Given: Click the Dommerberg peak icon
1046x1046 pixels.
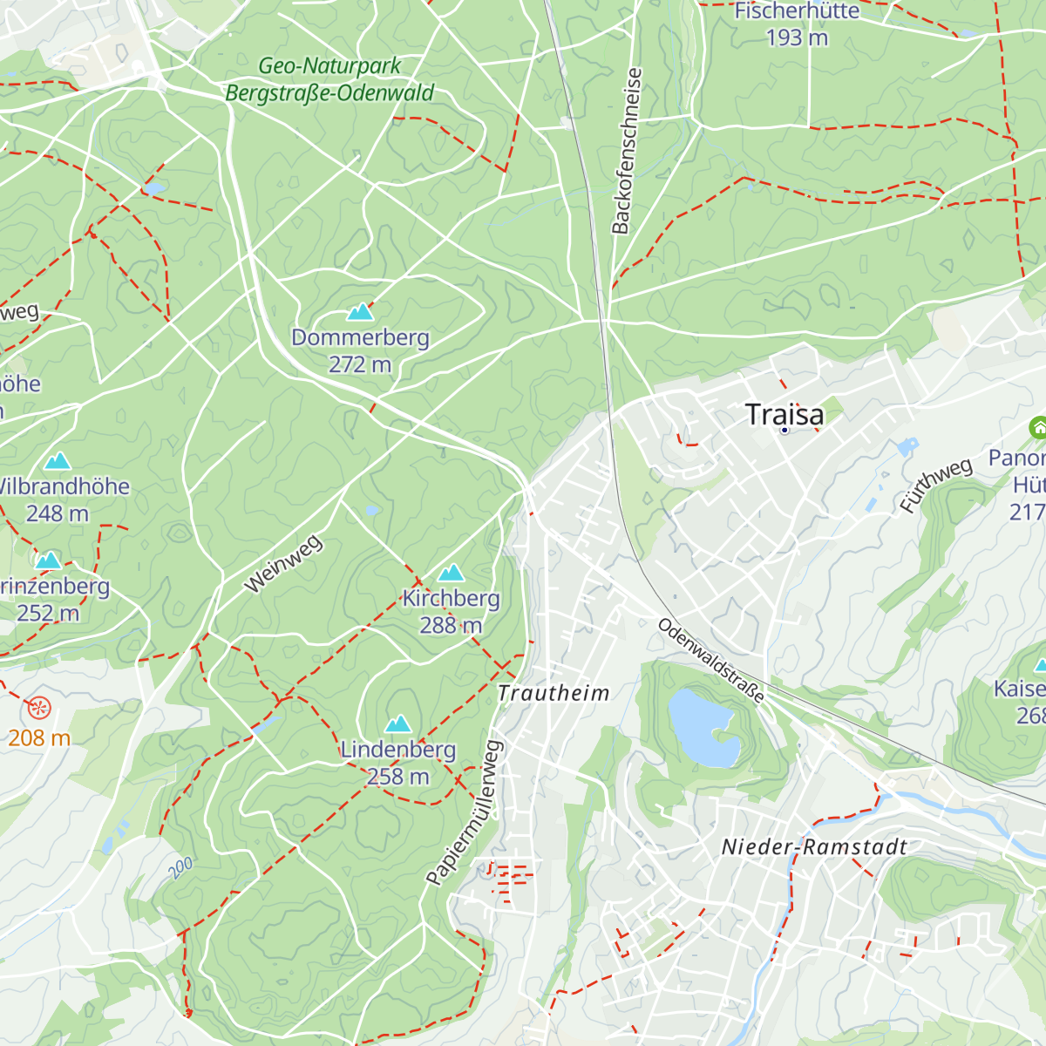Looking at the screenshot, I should (360, 311).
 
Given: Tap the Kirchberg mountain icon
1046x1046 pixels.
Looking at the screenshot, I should (451, 573).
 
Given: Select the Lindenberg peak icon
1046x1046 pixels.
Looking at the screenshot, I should (398, 723).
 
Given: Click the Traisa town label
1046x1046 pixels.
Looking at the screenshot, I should (784, 415).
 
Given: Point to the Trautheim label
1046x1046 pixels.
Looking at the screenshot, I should (554, 693).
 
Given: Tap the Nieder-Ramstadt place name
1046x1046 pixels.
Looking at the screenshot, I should (814, 847).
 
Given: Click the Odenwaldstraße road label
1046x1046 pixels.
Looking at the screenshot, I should (711, 661).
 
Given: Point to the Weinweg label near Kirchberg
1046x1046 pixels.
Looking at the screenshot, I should (283, 565).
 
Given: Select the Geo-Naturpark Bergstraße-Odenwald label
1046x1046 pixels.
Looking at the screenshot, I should (329, 79).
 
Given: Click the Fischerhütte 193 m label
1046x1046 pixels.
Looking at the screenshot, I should (797, 24).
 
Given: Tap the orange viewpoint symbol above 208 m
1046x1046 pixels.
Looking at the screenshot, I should (39, 708).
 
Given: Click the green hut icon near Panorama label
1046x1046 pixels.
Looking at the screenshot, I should (1038, 428).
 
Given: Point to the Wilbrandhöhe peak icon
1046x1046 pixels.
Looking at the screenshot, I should (58, 460).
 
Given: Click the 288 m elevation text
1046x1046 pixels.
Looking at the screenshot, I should (451, 625).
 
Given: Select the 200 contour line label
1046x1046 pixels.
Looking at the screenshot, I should (180, 867).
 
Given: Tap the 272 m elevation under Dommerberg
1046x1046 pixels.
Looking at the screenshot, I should (360, 364).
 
